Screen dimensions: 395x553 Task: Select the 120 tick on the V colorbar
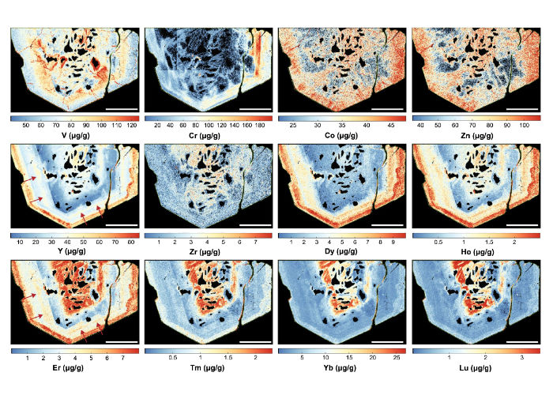[x=131, y=125]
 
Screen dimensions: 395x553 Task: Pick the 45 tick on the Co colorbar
[x=389, y=125]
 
